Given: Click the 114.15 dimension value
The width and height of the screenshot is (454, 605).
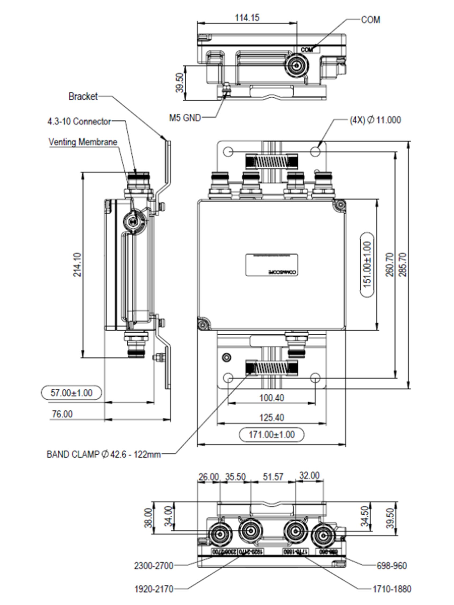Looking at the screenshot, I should [x=247, y=18].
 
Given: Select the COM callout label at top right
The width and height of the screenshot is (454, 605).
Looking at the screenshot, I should [x=370, y=20].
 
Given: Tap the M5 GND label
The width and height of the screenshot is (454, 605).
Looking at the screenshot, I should [x=185, y=118].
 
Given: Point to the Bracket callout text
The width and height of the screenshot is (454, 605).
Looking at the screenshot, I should [x=83, y=96].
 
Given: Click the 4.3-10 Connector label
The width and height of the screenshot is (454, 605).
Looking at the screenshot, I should [x=79, y=121].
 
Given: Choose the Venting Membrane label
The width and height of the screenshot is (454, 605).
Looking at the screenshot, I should [x=83, y=142].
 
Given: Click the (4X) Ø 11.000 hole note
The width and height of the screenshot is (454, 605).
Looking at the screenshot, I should [x=375, y=120].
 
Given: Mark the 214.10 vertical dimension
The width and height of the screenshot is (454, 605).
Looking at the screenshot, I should [x=77, y=265].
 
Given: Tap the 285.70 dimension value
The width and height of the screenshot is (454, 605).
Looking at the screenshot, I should [x=403, y=265].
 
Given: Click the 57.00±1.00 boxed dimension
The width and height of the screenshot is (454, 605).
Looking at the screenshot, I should [x=71, y=393].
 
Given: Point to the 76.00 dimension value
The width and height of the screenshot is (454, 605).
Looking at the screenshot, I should [x=62, y=414].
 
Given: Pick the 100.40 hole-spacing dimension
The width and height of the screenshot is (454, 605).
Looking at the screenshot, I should [x=271, y=398].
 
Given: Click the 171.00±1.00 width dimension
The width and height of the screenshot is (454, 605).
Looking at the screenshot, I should [x=271, y=434].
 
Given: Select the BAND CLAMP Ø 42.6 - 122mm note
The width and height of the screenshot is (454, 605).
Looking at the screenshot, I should [x=104, y=454].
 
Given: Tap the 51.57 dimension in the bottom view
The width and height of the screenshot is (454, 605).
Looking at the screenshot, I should [x=273, y=477].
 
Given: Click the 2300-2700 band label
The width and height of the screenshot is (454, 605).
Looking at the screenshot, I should [x=154, y=566].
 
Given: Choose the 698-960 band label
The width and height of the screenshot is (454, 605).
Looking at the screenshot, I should [x=392, y=566].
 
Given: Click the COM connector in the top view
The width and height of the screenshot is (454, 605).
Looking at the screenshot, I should [x=297, y=66].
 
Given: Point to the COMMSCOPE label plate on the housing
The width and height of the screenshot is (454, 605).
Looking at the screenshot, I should [x=271, y=265].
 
